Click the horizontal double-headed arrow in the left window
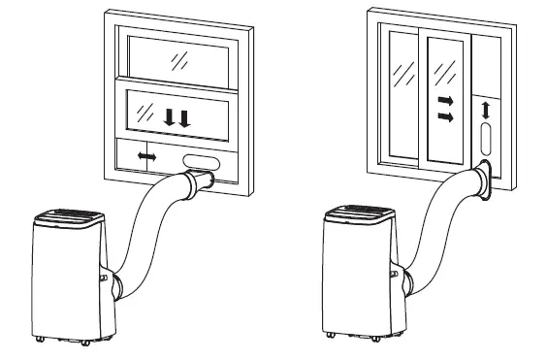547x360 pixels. (147, 156)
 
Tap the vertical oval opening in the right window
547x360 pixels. (486, 139)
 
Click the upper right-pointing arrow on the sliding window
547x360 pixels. (445, 100)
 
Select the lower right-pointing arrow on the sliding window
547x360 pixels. (445, 117)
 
